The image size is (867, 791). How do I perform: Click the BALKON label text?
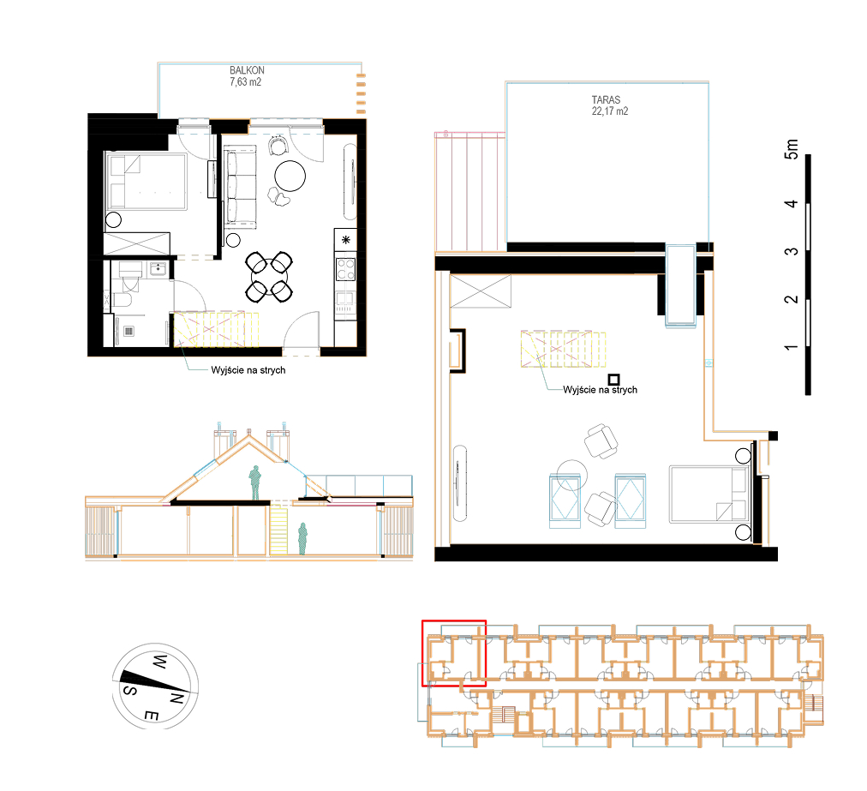coord(247,70)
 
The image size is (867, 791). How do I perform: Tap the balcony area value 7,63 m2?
coord(246,82)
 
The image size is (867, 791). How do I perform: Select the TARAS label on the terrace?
coord(606,100)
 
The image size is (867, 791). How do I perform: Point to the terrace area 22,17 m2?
coord(610,111)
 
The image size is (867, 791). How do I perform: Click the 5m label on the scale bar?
coord(792,149)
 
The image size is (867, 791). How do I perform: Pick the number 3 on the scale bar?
coord(792,251)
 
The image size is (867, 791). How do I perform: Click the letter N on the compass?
coord(176,698)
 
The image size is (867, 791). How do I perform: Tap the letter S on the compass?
coord(130,691)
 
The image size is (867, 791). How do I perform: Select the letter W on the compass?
coord(159,661)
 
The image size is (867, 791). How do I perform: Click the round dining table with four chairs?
coord(269,277)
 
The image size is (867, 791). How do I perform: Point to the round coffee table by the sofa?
coord(290,176)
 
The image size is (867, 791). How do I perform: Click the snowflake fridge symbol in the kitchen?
coord(345,239)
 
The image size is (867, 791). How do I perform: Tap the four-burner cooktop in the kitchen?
coord(345,269)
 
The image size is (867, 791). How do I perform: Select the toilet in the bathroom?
coord(122,300)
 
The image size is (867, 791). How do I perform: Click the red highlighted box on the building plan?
coord(454,653)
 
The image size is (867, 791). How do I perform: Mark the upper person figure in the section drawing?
coord(254,482)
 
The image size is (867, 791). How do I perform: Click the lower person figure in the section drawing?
coord(302,538)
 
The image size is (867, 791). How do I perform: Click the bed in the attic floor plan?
coord(709,494)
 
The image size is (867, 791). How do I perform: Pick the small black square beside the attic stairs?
coord(613,380)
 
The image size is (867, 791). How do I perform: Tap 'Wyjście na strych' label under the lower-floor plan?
coord(248,370)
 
